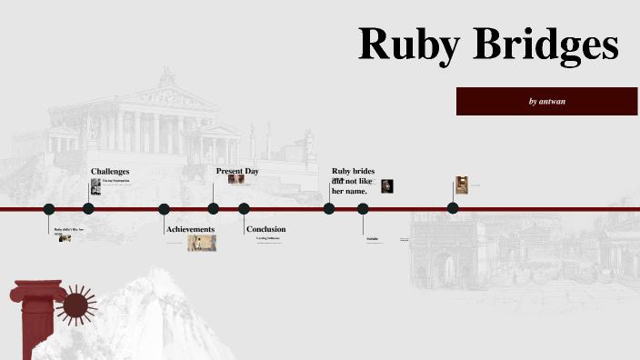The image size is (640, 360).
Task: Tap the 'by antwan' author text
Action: (x=546, y=101)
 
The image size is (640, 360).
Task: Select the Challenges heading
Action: (x=110, y=171)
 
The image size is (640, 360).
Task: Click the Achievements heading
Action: (x=190, y=229)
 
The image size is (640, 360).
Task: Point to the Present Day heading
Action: (x=237, y=171)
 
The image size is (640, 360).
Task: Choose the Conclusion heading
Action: (x=265, y=229)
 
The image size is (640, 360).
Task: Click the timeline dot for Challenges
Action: (x=88, y=209)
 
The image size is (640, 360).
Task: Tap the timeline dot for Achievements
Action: (x=164, y=209)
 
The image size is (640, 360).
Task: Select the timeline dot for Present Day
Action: (x=214, y=209)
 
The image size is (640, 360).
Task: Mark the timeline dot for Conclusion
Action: (x=244, y=209)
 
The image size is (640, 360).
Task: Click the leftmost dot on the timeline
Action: (x=49, y=209)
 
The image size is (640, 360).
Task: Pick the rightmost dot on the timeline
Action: (x=453, y=209)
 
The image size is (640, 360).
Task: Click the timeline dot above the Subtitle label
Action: (x=363, y=209)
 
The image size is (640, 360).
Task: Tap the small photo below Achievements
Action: (x=202, y=243)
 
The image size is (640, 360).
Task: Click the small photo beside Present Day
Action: (x=236, y=180)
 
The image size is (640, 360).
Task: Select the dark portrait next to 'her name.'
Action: (x=387, y=185)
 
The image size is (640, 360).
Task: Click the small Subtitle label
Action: (x=373, y=239)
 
